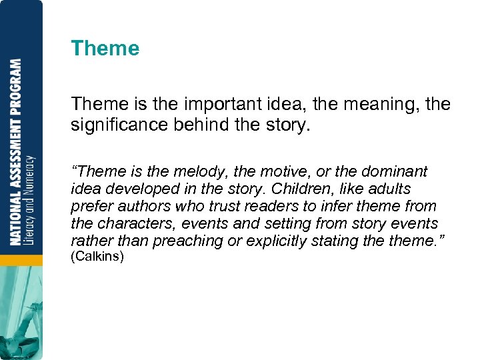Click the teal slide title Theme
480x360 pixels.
pyautogui.click(x=105, y=49)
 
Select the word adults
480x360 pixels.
pyautogui.click(x=389, y=189)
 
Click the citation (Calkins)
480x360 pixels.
pyautogui.click(x=97, y=257)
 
